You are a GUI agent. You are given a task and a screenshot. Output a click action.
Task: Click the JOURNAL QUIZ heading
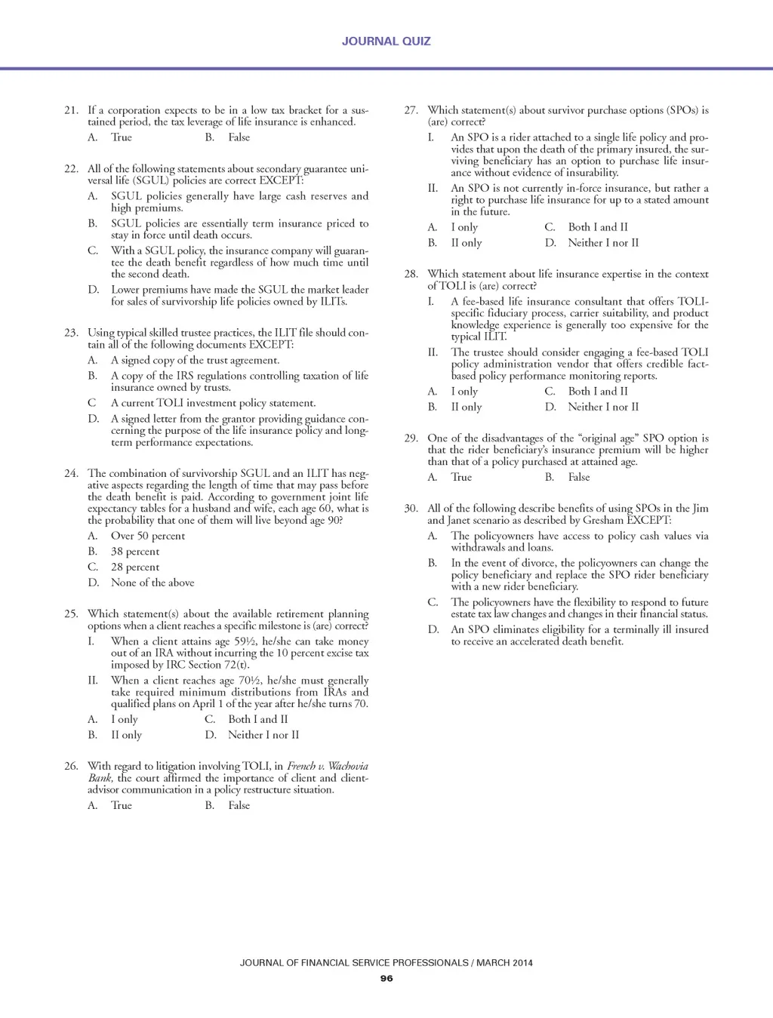pos(386,42)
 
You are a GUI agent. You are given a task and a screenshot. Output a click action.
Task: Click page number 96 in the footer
pos(386,979)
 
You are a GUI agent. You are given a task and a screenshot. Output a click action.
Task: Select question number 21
pos(71,110)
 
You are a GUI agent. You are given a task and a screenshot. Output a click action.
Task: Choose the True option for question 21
pos(121,137)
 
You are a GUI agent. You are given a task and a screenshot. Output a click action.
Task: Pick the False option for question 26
pos(239,805)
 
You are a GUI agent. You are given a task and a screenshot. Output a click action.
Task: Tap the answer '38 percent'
pos(135,552)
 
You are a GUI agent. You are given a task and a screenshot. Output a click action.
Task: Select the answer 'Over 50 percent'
pos(147,536)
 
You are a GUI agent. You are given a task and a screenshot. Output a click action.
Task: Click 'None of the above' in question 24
pos(152,583)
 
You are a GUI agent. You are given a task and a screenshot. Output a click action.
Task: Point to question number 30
pos(411,509)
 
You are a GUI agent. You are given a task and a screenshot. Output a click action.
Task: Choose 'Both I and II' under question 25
pos(257,719)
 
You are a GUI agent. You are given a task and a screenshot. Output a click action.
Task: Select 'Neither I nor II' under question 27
pos(603,243)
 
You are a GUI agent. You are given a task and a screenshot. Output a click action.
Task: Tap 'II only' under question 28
pos(466,407)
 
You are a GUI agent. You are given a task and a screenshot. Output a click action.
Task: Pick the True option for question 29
pos(460,477)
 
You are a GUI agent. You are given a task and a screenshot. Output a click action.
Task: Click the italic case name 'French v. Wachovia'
pos(328,767)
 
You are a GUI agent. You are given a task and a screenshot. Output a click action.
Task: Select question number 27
pos(411,110)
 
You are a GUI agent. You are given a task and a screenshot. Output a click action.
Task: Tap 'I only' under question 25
pos(125,719)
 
